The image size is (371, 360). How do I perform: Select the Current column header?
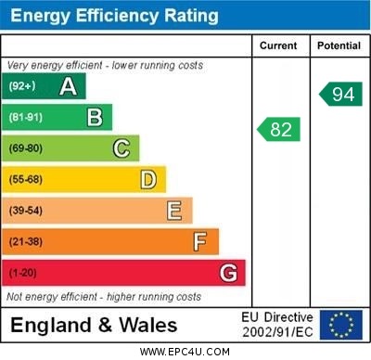[x=278, y=45]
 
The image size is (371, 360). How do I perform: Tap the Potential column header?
[x=338, y=45]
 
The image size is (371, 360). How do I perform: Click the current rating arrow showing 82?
[x=279, y=129]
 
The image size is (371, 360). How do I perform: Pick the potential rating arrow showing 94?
[x=340, y=94]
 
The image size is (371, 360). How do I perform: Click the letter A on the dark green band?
[x=68, y=87]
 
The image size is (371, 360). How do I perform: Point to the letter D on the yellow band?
[x=147, y=179]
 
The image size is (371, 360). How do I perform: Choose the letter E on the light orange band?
[x=173, y=211]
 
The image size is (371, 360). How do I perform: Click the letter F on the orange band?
[x=199, y=241]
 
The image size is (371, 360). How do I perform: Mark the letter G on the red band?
[x=227, y=273]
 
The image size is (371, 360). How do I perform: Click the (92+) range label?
[x=22, y=87]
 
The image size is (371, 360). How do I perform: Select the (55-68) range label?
[x=26, y=180]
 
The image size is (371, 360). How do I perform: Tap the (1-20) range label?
[x=23, y=273]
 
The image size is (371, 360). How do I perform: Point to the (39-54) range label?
[x=26, y=211]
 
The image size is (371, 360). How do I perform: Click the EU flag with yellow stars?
[x=341, y=325]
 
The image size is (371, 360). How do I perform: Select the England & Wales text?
[x=94, y=326]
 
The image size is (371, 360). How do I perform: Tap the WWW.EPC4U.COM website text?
[x=185, y=353]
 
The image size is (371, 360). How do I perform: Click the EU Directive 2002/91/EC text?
[x=277, y=325]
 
